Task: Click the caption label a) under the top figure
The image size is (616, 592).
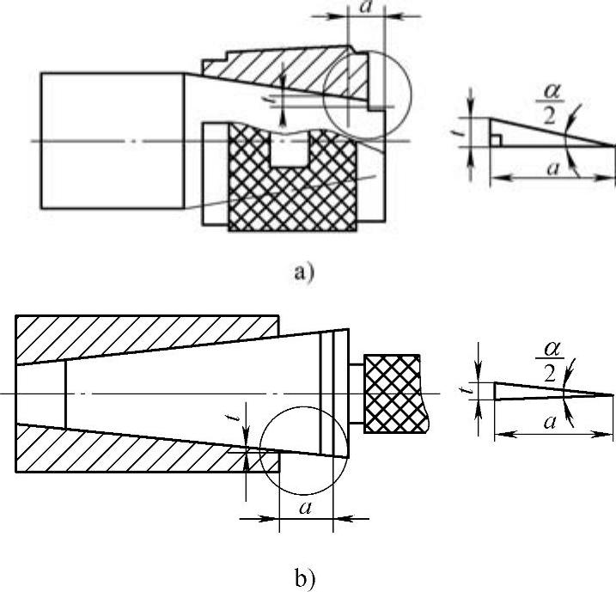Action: [x=305, y=272]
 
